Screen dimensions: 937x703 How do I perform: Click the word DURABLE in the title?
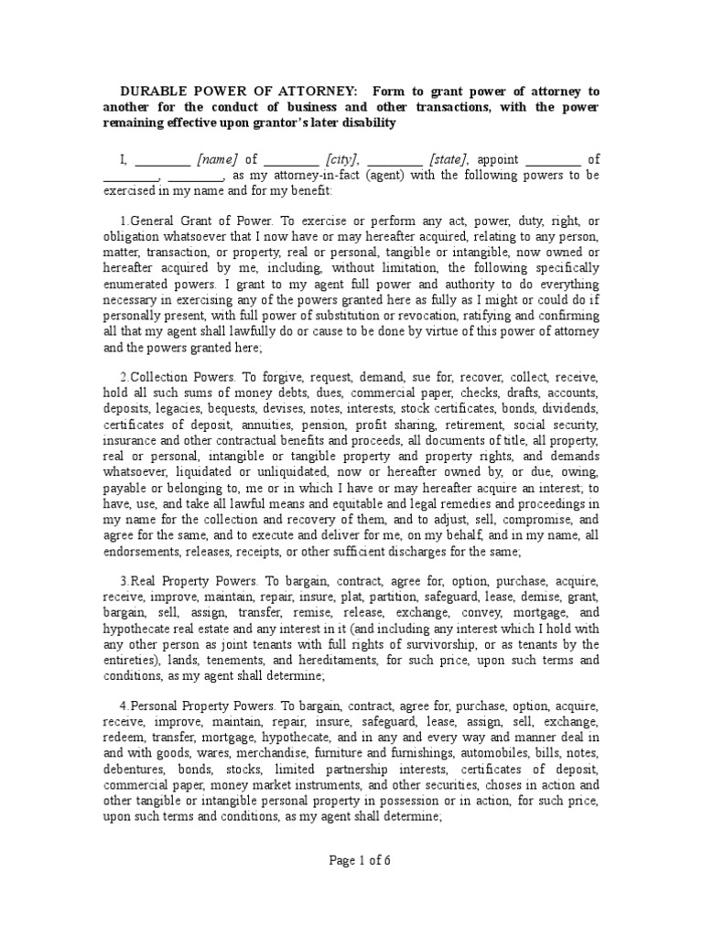157,92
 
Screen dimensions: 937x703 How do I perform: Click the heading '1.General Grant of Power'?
196,221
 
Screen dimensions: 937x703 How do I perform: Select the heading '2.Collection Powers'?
180,377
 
